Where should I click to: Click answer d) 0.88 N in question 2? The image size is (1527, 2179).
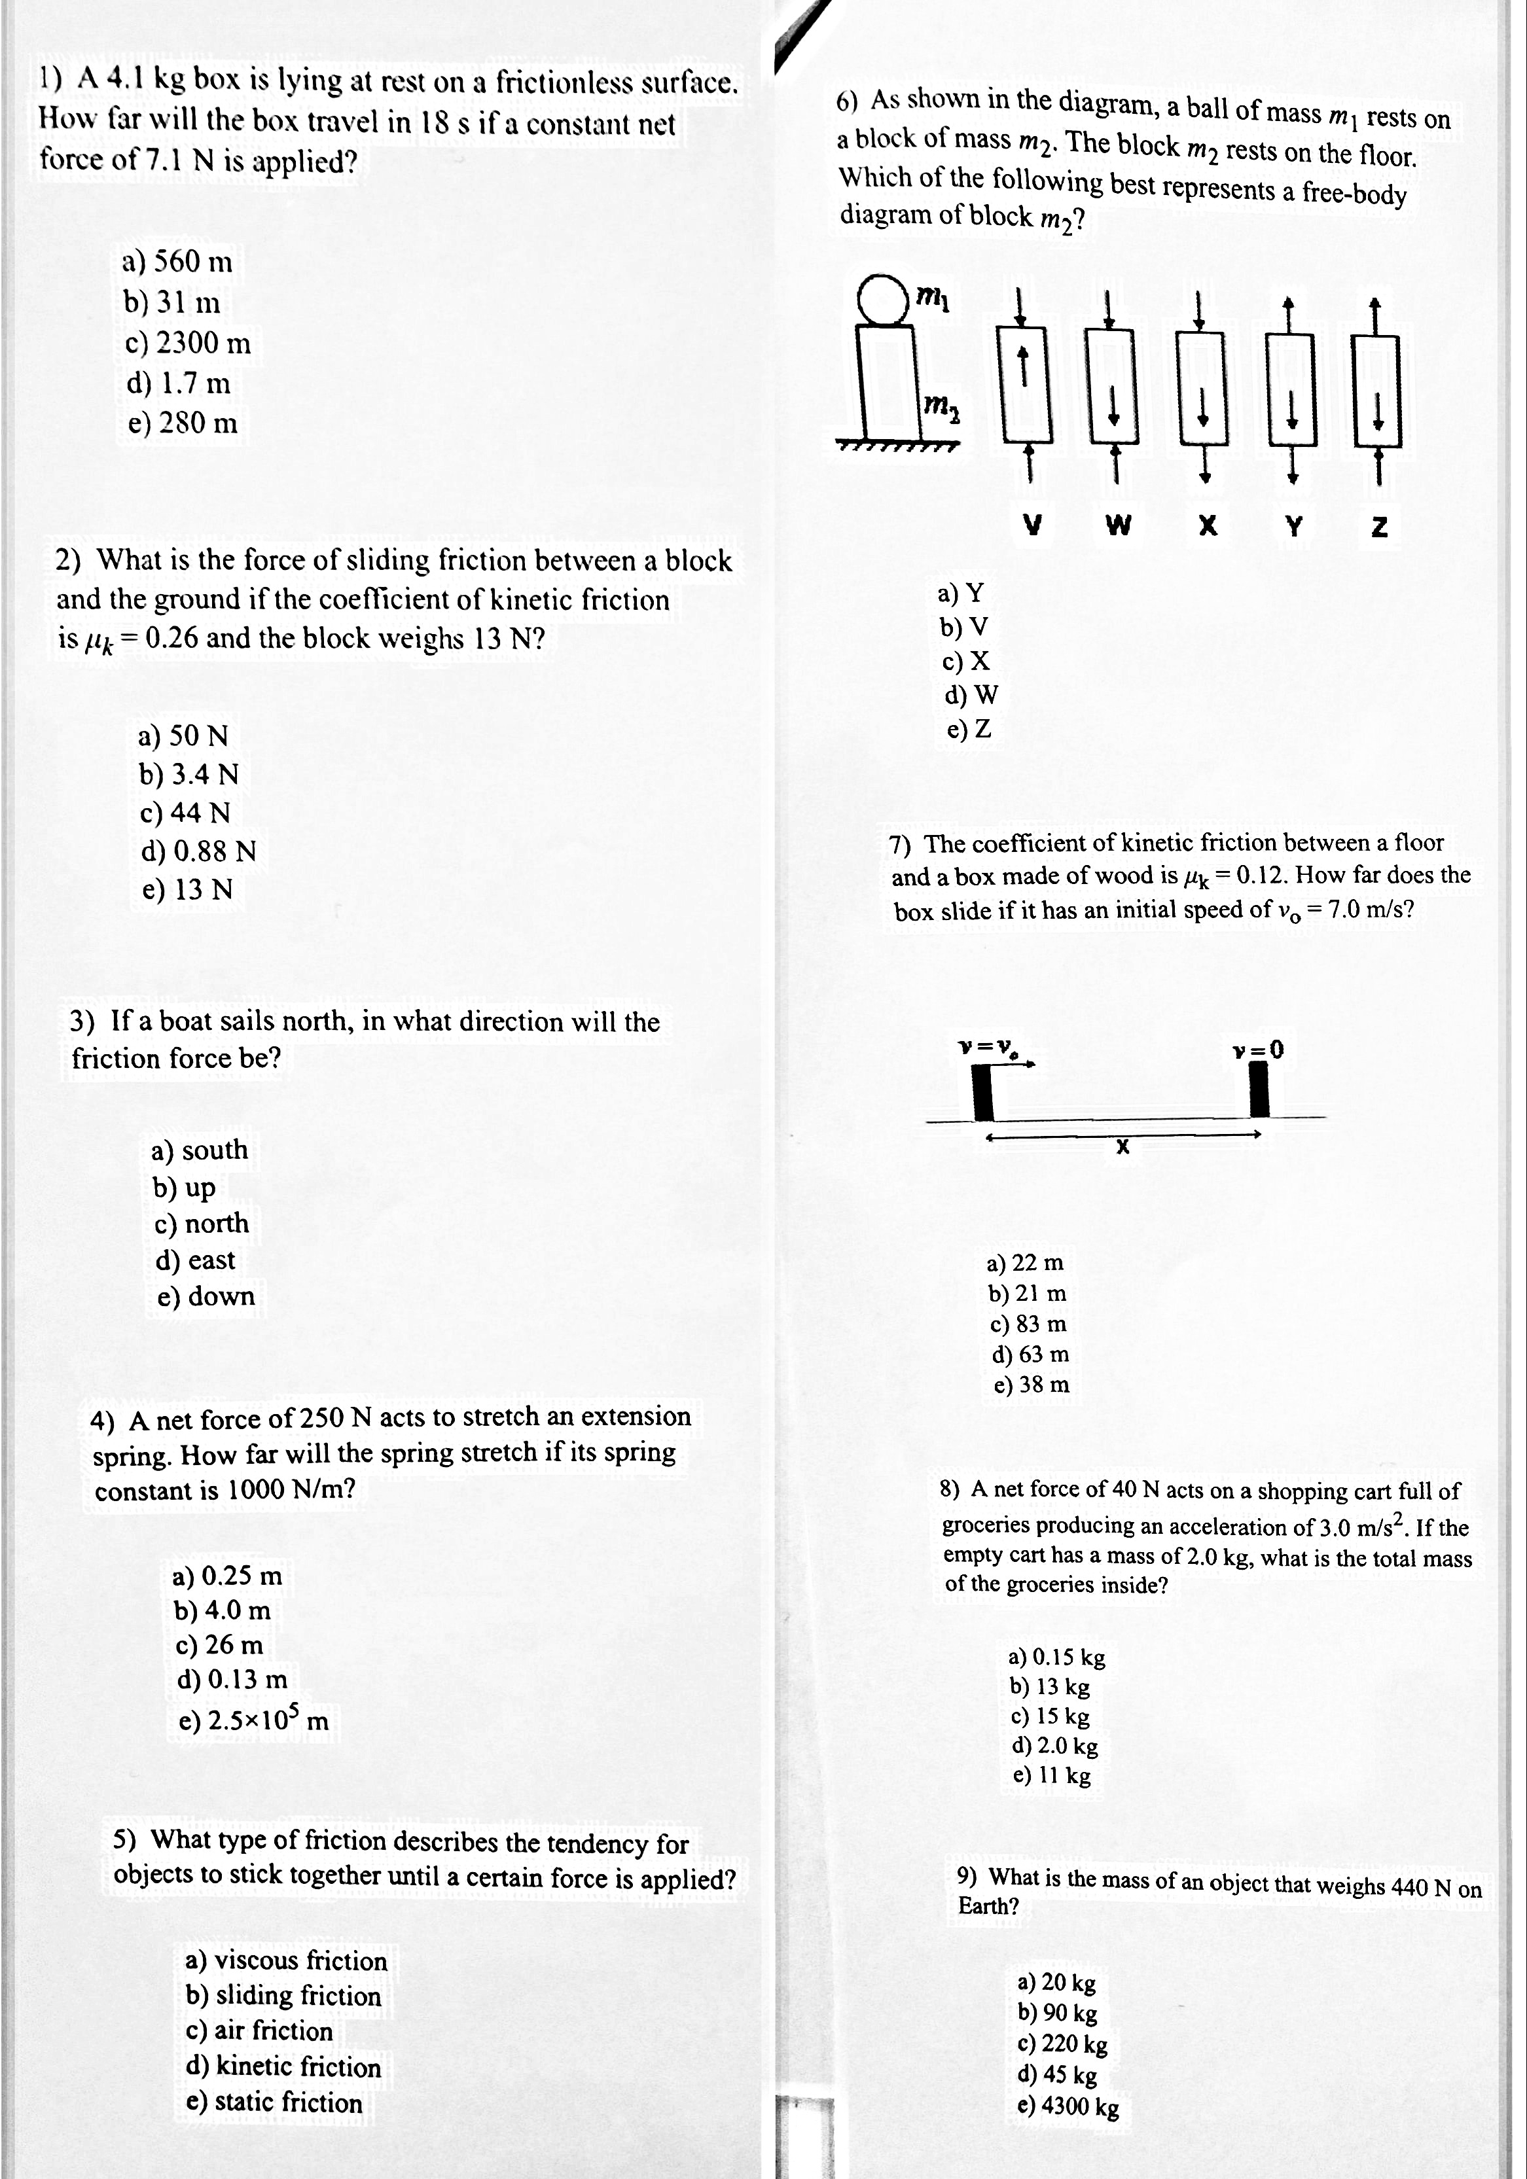click(x=198, y=851)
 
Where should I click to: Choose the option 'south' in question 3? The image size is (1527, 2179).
click(x=199, y=1150)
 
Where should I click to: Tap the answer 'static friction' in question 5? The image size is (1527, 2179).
click(x=274, y=2102)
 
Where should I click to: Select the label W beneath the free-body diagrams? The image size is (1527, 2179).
click(x=1119, y=525)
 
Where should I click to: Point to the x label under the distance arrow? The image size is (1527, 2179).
click(x=1122, y=1147)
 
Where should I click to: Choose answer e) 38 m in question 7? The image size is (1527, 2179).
click(x=1031, y=1385)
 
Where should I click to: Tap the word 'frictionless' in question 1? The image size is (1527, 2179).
click(x=565, y=84)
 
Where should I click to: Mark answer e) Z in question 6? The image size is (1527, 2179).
click(x=969, y=729)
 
